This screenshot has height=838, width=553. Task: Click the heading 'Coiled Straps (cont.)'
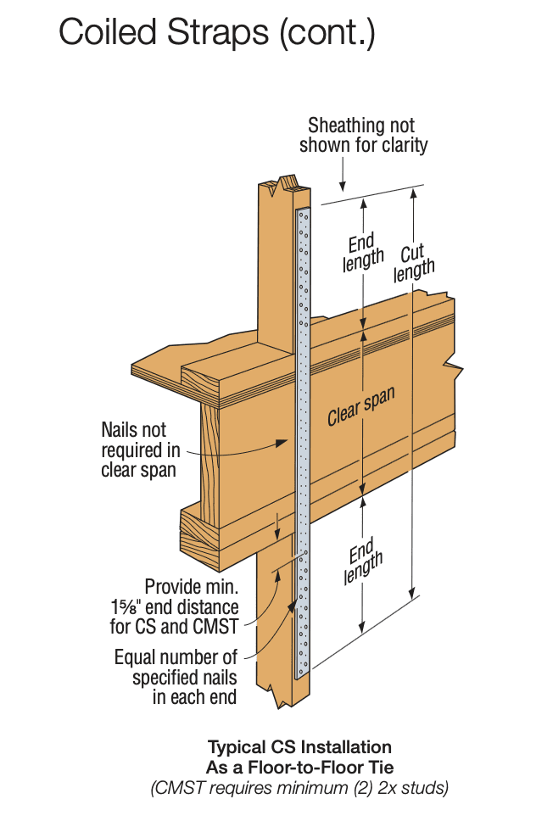[x=216, y=34]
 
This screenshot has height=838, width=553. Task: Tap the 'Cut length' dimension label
[x=413, y=262]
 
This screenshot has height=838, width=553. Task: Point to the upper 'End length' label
[x=363, y=252]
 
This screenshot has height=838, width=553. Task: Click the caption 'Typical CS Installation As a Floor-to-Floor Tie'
[x=299, y=757]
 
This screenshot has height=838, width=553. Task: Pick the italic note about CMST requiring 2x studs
[x=299, y=788]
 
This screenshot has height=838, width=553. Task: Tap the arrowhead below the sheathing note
[x=342, y=185]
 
